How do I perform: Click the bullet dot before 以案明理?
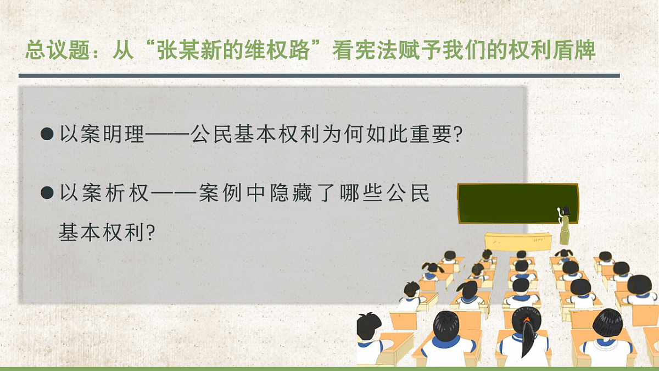(47, 135)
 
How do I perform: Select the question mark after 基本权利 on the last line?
(150, 233)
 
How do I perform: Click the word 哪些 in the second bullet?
(360, 193)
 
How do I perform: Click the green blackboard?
(517, 204)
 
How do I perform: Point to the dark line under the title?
(319, 75)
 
